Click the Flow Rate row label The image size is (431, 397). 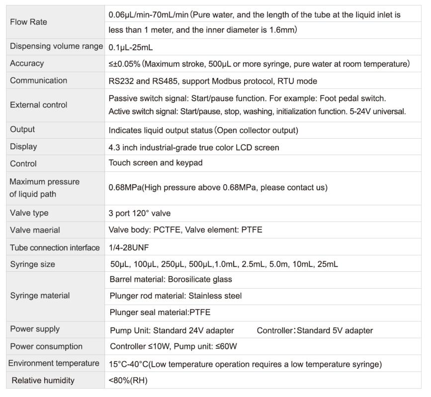pos(28,22)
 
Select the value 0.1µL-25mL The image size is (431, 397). pos(131,47)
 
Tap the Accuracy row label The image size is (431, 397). pos(27,64)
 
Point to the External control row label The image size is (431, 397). pos(38,105)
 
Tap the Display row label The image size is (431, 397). pos(23,147)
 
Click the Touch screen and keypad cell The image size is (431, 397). pos(155,163)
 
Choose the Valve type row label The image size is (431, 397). pos(29,213)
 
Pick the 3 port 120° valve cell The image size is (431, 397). pos(139,213)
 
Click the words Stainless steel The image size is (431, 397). pos(215,296)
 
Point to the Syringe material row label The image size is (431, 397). pos(40,296)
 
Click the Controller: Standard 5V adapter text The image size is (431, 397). pos(315,330)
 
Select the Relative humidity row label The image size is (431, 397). pos(43,381)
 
